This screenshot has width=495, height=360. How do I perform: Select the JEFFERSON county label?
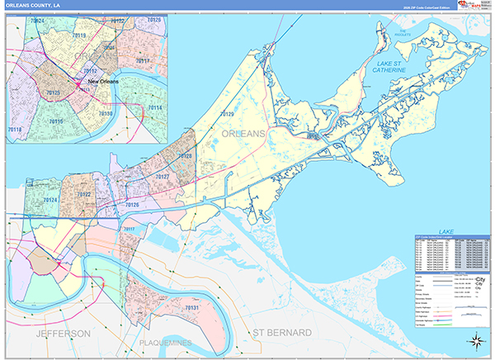[x=62, y=333]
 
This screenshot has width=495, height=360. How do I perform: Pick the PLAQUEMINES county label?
[x=164, y=342]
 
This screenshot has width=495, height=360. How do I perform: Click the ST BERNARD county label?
[x=282, y=333]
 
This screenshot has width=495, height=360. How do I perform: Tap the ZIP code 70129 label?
[x=227, y=113]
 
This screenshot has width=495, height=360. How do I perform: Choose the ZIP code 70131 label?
[x=191, y=308]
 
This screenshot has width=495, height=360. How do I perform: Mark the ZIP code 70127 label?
[x=162, y=177]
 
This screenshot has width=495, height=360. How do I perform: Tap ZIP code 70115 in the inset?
[x=56, y=121]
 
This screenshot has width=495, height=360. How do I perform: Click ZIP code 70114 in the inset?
[x=155, y=108]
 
